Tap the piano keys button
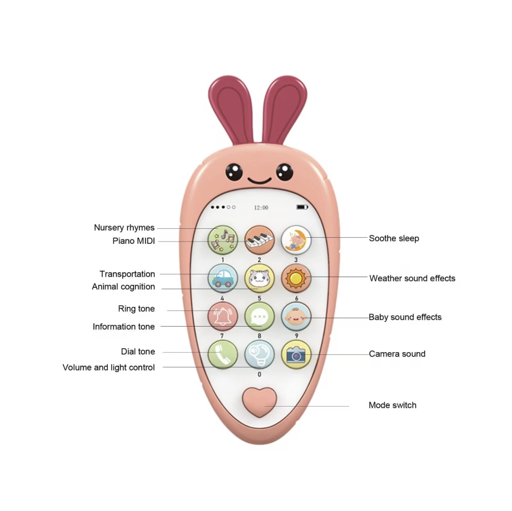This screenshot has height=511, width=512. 259,240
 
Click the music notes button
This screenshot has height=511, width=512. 222,240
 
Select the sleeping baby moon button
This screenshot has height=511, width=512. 296,240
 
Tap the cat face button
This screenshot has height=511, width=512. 259,278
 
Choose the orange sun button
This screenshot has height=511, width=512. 296,278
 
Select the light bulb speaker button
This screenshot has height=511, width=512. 259,354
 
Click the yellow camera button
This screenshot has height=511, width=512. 296,354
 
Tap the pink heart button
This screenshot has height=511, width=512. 259,402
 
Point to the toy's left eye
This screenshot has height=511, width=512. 234,172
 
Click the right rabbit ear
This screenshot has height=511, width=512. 285,108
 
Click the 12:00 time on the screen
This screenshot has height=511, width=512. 261,207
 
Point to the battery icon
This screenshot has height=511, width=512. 302,207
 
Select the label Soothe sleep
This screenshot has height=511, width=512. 394,238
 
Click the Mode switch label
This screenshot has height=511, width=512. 392,405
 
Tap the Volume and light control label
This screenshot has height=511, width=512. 108,367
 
